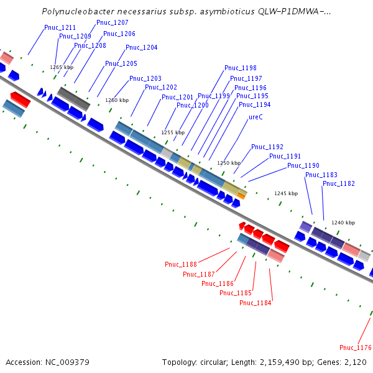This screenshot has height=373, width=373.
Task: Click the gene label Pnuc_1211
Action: tap(60, 28)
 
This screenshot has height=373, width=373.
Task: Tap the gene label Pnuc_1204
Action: tap(141, 48)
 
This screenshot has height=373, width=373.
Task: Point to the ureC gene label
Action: tap(256, 117)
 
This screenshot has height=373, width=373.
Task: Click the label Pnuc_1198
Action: tap(241, 68)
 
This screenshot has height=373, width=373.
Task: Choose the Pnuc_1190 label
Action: tap(303, 166)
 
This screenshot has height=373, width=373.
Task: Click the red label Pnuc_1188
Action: tap(181, 265)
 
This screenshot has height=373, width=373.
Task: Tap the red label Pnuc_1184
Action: tap(256, 303)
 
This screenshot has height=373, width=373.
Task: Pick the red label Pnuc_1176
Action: tap(356, 348)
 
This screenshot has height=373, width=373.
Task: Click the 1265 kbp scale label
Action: tap(62, 67)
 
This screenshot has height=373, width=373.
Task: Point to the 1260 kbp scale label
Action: tap(117, 100)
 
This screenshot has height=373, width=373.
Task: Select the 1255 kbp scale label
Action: tap(173, 132)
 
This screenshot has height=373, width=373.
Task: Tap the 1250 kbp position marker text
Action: tap(229, 163)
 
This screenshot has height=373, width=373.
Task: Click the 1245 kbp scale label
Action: tap(286, 193)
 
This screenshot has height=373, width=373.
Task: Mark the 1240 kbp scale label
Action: tap(343, 223)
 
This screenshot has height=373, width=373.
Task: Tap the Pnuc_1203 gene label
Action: tap(145, 79)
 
